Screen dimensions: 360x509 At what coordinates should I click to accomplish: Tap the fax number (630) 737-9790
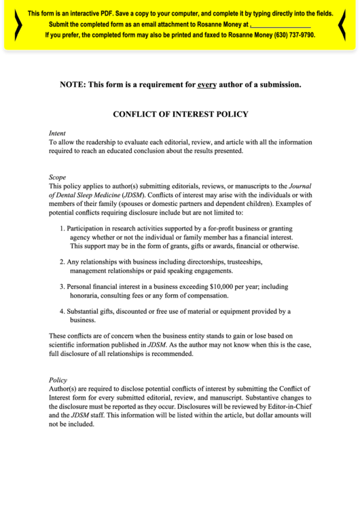click(x=290, y=35)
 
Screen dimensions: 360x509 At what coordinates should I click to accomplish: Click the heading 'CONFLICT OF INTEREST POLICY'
click(x=180, y=114)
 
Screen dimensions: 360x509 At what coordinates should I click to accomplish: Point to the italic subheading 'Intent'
click(x=58, y=133)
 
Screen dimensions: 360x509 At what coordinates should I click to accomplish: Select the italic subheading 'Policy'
click(x=58, y=380)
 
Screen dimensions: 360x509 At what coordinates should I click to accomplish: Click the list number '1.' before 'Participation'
click(x=62, y=229)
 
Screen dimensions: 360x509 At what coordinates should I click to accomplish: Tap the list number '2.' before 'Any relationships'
click(x=62, y=262)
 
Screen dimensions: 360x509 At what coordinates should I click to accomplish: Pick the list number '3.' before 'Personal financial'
click(x=62, y=287)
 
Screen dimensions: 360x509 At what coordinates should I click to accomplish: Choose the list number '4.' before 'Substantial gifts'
click(x=62, y=311)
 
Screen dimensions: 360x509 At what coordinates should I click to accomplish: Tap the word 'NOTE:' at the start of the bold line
click(x=74, y=85)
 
